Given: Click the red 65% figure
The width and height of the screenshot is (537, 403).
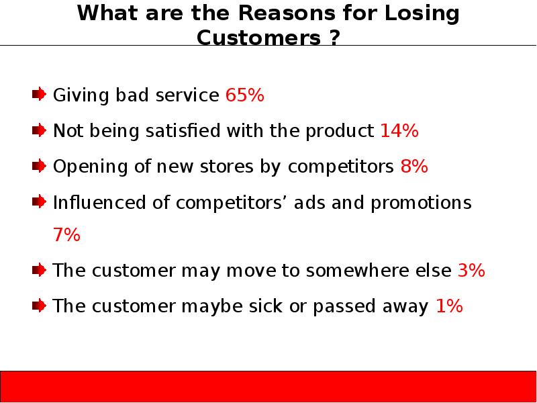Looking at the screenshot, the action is tap(244, 95).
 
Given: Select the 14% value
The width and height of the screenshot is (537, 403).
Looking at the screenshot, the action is tap(399, 130).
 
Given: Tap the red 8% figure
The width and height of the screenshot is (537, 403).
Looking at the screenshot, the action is tap(414, 166).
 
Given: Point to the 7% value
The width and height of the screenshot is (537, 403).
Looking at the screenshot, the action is tap(66, 234).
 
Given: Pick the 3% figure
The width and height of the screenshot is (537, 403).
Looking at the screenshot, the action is tap(471, 270).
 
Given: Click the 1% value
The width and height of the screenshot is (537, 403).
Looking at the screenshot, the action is tap(449, 306).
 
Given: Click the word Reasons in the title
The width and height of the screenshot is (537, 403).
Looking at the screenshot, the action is tap(287, 13).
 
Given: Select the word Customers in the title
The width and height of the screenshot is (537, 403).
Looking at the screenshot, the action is tap(259, 38).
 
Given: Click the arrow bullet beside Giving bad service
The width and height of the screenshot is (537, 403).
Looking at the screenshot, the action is tap(39, 94).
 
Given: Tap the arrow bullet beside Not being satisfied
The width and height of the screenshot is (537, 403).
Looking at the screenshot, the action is tap(39, 130).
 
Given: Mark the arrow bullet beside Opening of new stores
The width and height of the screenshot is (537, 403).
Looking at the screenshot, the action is tap(39, 166).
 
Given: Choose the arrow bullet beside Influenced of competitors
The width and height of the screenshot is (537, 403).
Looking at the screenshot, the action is tap(39, 201).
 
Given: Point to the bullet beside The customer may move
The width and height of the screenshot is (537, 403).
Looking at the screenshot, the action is tap(39, 270).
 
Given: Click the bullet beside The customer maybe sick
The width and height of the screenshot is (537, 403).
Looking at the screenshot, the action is tap(39, 306).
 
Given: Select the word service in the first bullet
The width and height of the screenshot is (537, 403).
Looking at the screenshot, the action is tap(187, 95).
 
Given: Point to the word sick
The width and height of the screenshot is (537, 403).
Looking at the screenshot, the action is tap(266, 306).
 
